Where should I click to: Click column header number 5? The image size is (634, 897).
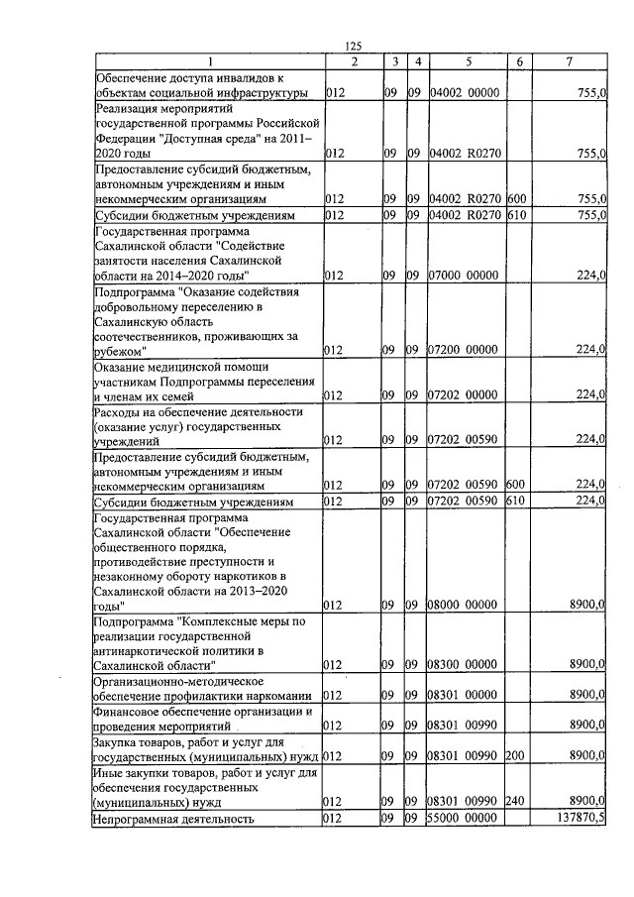467,62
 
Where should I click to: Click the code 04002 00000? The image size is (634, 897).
466,93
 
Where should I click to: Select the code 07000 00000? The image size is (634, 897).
466,275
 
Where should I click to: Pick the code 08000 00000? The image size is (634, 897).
466,604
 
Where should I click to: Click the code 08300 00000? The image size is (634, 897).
466,663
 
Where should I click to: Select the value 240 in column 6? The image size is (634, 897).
514,799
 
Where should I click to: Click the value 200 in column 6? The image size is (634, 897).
514,754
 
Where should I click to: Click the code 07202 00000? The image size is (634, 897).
466,394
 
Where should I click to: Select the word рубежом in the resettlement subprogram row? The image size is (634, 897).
118,350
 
